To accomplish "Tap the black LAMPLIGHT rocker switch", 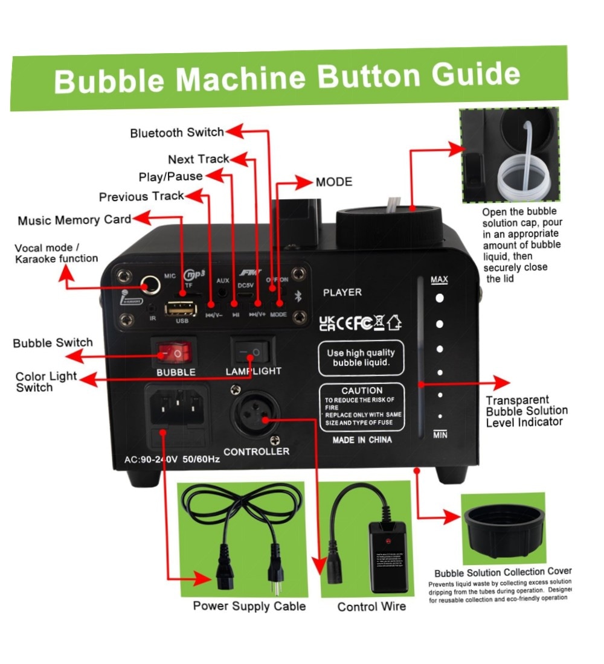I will click(252, 350).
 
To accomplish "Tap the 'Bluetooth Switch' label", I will click(177, 132).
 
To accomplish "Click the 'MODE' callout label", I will click(333, 182).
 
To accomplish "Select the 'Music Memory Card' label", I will click(74, 220).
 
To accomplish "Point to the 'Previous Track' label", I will click(141, 197).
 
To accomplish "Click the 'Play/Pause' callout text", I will click(170, 176).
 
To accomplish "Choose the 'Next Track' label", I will click(198, 159).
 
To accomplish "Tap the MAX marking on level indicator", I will click(439, 280).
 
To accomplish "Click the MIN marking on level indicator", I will click(440, 435).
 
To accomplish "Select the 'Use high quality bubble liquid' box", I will click(361, 358).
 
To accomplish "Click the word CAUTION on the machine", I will click(362, 391).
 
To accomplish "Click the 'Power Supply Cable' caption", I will click(249, 605).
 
